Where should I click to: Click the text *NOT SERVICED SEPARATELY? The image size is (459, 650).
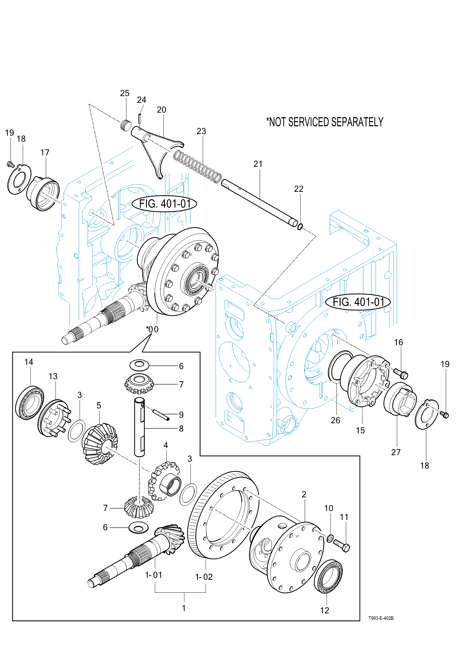pyautogui.click(x=325, y=122)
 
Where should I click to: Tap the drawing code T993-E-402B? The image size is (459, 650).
pyautogui.click(x=381, y=618)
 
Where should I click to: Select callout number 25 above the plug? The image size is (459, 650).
pyautogui.click(x=125, y=93)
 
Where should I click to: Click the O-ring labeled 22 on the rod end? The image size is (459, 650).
pyautogui.click(x=300, y=227)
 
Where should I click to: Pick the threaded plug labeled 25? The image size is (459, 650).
pyautogui.click(x=125, y=126)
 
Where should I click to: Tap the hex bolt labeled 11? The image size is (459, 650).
pyautogui.click(x=342, y=546)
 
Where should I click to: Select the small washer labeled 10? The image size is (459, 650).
pyautogui.click(x=330, y=538)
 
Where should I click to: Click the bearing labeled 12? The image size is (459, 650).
pyautogui.click(x=328, y=576)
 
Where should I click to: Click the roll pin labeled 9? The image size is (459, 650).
pyautogui.click(x=161, y=415)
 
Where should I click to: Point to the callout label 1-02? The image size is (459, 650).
pyautogui.click(x=204, y=577)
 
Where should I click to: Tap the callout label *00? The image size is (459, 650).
pyautogui.click(x=152, y=329)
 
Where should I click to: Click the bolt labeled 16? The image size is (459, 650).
pyautogui.click(x=400, y=373)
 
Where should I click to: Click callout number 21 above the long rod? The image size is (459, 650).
pyautogui.click(x=258, y=164)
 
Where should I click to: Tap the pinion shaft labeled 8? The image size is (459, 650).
pyautogui.click(x=140, y=427)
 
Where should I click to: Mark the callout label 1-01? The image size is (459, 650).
pyautogui.click(x=154, y=575)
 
